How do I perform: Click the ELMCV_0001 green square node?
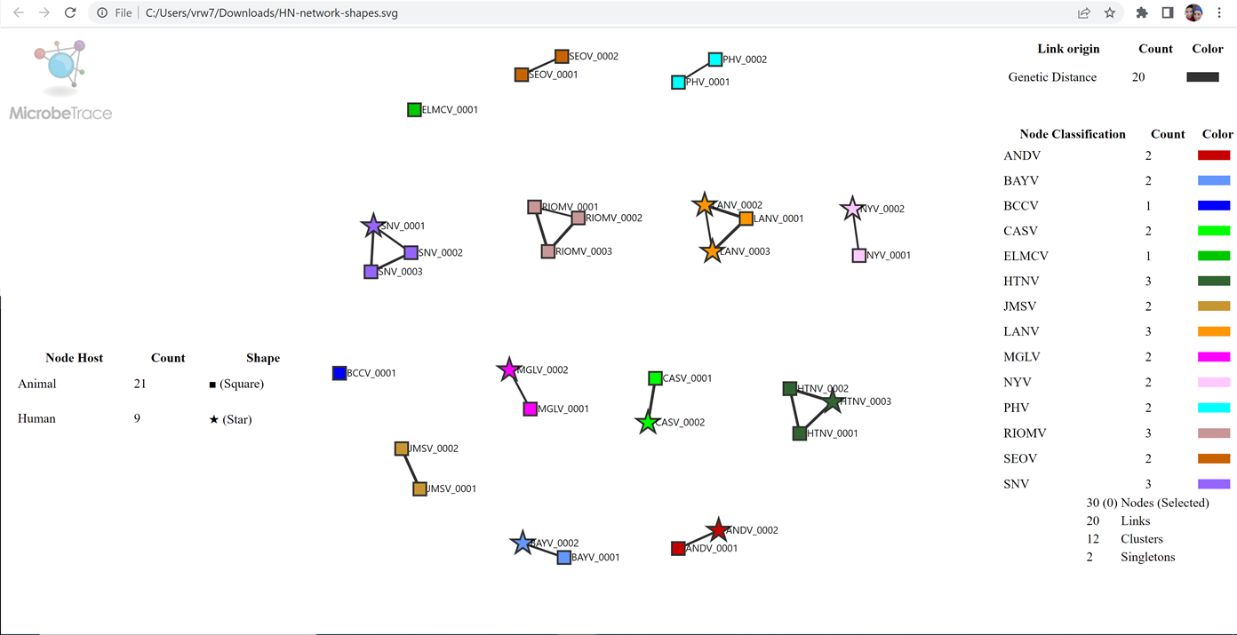tap(414, 110)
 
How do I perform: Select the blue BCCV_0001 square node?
tap(339, 373)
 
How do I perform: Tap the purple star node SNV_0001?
tap(373, 226)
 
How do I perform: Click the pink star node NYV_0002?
tap(852, 209)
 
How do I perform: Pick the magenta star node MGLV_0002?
tap(508, 369)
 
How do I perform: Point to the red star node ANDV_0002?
tap(717, 530)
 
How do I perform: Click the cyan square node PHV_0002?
tap(715, 60)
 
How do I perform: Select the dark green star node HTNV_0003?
tap(833, 401)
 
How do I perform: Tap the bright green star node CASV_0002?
tap(648, 423)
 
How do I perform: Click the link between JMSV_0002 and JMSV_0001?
tap(411, 469)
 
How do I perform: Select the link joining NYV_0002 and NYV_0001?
tap(856, 233)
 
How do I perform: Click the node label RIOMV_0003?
tap(584, 251)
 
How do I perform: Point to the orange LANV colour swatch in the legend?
tap(1214, 331)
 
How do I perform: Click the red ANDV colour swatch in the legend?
tap(1214, 155)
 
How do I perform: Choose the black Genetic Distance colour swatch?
tap(1202, 77)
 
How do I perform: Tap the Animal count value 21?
tap(140, 384)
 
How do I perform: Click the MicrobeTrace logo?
tap(60, 80)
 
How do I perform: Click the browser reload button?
tap(70, 13)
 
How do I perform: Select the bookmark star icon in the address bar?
tap(1110, 13)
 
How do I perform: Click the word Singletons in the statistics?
tap(1147, 557)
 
